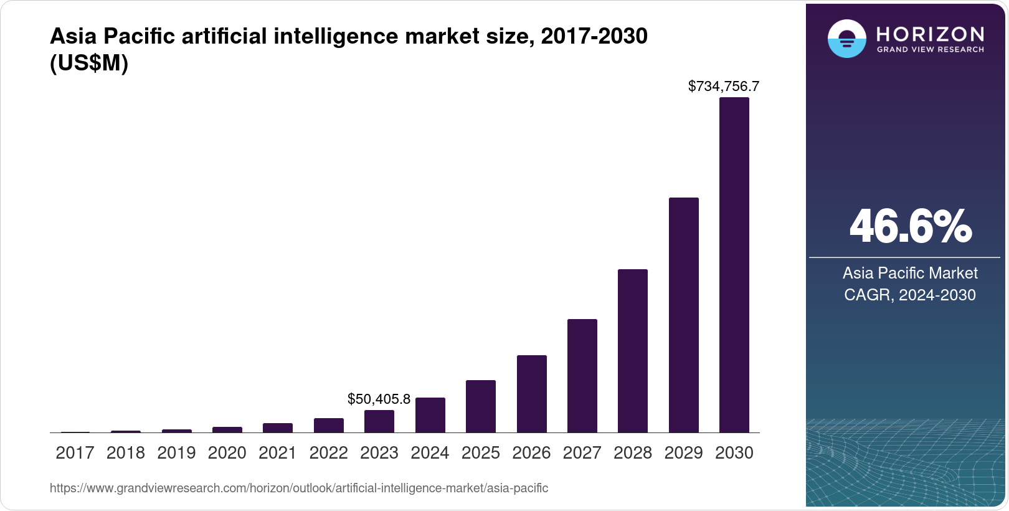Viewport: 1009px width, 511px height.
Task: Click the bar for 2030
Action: (734, 265)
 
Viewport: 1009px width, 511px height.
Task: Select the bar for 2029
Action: (683, 315)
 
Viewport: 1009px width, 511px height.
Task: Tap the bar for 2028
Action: (632, 351)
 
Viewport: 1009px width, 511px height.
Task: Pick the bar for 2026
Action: (531, 394)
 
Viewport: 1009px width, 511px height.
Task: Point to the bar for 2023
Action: (379, 421)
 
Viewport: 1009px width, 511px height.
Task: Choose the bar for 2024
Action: (430, 415)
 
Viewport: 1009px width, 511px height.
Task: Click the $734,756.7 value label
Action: (723, 86)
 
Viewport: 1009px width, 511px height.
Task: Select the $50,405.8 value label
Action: (379, 399)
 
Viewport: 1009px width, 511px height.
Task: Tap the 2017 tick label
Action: (75, 453)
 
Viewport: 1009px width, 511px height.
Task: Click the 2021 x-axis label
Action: (278, 453)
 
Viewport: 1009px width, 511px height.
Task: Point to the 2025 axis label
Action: (480, 453)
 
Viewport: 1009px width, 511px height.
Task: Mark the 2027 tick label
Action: (582, 453)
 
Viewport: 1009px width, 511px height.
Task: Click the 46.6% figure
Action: (910, 226)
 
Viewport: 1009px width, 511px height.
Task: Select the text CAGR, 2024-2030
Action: (910, 295)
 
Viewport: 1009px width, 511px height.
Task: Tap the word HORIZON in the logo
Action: (930, 34)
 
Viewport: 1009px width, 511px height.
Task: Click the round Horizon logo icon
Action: (846, 39)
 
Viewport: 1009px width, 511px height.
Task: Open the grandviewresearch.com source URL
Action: (299, 488)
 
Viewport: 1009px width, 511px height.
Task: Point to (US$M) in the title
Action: (89, 63)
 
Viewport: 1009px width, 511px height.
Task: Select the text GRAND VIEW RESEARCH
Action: (930, 49)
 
